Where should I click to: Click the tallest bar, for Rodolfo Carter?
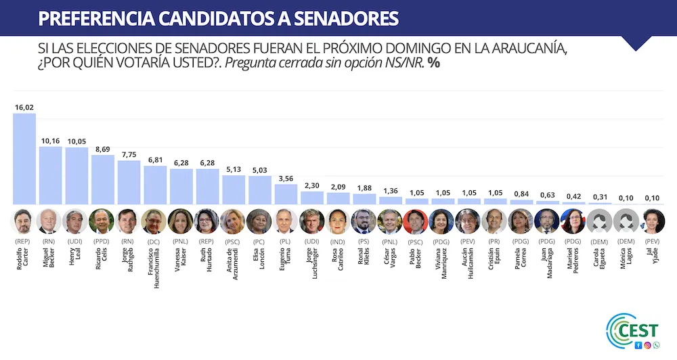(x=24, y=158)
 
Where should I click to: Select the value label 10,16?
(x=50, y=141)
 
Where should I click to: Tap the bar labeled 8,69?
(x=102, y=179)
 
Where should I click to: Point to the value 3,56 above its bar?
(x=286, y=179)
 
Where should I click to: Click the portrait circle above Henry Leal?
(x=76, y=221)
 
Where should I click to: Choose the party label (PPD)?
(x=102, y=241)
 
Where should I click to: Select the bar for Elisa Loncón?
(x=259, y=190)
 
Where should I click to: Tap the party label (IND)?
(x=338, y=241)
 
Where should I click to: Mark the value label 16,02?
(x=24, y=107)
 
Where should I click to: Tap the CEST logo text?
(x=642, y=332)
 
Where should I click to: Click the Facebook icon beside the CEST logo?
(x=638, y=346)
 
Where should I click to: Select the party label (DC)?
(x=154, y=241)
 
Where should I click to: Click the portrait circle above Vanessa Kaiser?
(x=181, y=221)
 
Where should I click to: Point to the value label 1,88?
(x=364, y=188)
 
